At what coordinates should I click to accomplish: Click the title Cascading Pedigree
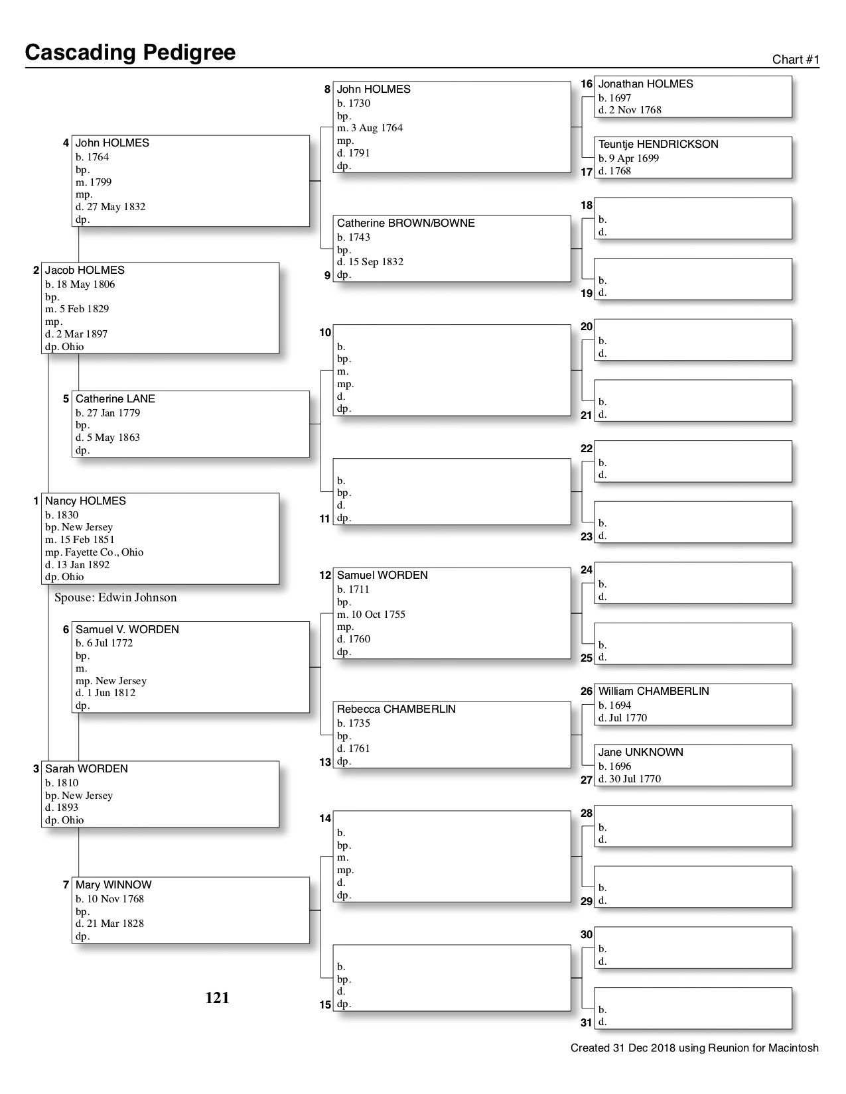tap(130, 52)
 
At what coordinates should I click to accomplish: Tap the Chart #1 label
tap(796, 60)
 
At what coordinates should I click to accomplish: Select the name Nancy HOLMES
tap(85, 501)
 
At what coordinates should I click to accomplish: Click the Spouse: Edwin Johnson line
tap(115, 597)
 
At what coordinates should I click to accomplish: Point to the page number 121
tap(217, 998)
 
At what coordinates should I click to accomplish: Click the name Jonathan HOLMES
tap(645, 84)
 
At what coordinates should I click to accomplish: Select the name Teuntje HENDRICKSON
tap(658, 145)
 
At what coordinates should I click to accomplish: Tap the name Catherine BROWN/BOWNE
tap(405, 223)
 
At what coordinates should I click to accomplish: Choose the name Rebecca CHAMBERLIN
tap(396, 709)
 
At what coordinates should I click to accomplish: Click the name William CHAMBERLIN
tap(653, 692)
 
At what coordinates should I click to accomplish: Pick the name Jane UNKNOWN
tap(640, 753)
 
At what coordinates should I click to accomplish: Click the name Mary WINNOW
tap(113, 885)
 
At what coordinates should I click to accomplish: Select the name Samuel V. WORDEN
tap(127, 630)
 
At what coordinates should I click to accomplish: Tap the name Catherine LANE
tap(115, 399)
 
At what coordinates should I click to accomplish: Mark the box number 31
tap(586, 1022)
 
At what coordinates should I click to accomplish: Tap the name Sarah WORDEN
tap(86, 769)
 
